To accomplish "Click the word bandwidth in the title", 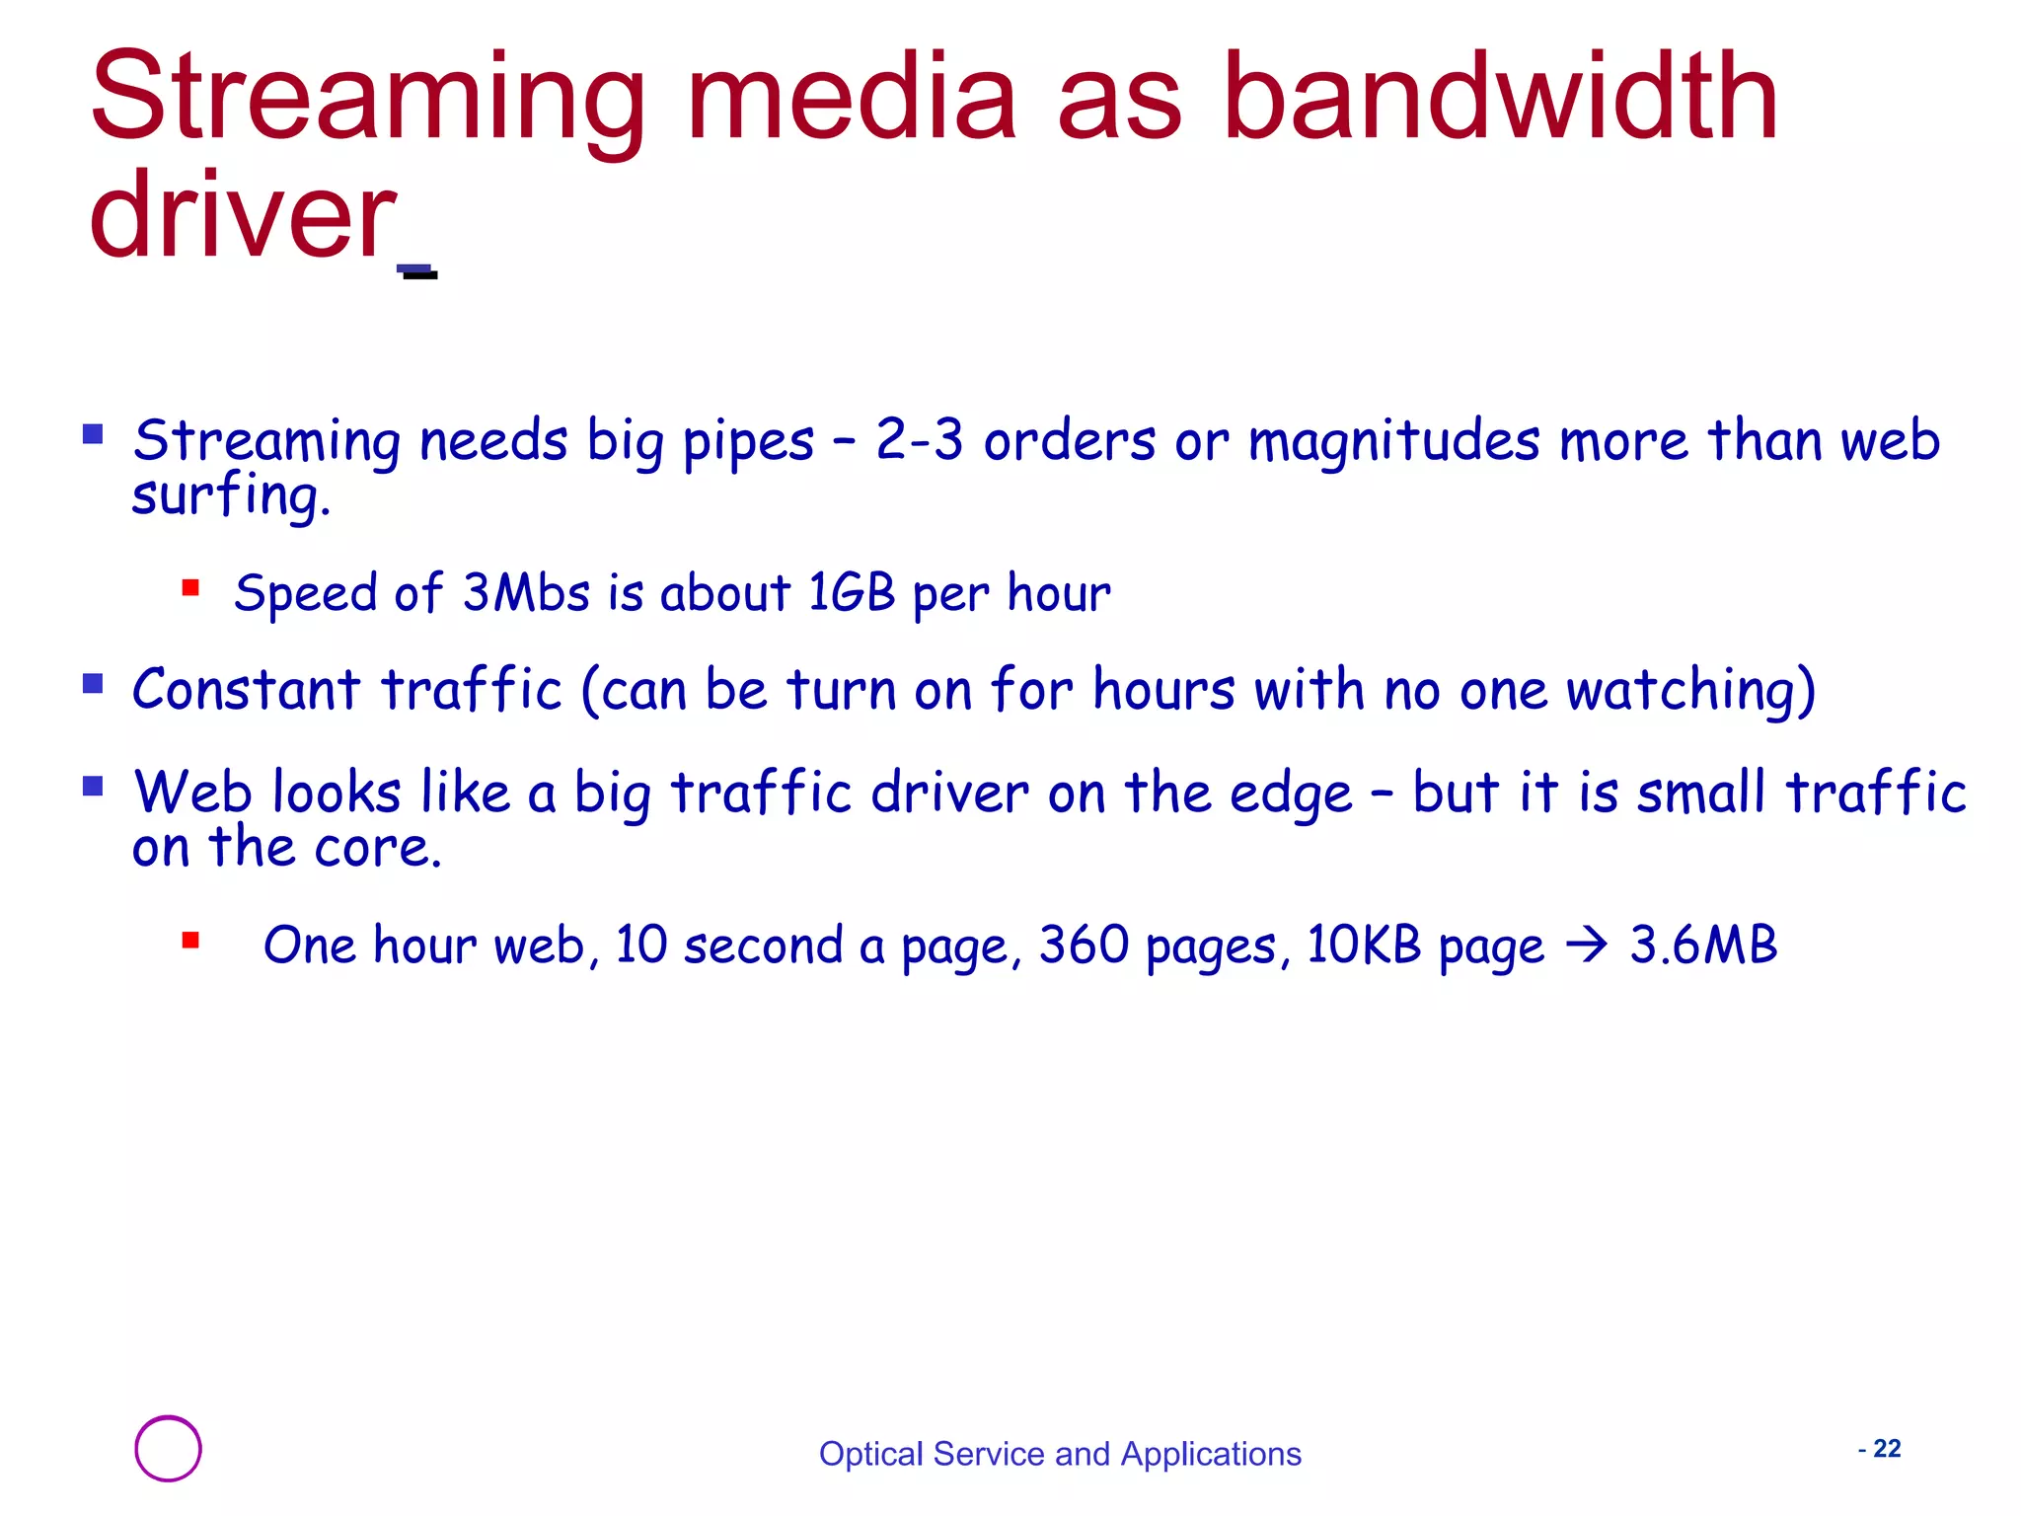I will pos(1500,99).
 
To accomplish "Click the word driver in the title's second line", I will pos(242,217).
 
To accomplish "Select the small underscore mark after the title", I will pos(417,271).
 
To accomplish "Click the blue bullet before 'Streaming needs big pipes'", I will pos(93,434).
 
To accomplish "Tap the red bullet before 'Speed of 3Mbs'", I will pos(190,589).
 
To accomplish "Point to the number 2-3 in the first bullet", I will pos(919,440).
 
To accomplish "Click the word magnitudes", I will pos(1393,440).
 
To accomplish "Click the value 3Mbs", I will pos(526,593).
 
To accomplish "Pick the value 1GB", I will pos(851,593).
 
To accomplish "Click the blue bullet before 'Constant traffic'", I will pos(93,684).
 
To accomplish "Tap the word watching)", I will pos(1690,690).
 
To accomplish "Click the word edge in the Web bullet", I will pos(1290,794).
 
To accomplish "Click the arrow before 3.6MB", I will pos(1587,947).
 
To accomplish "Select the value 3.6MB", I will pos(1703,946).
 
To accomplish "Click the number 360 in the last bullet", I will pos(1084,946).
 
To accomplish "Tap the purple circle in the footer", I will pos(168,1449).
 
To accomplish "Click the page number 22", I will pos(1887,1449).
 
